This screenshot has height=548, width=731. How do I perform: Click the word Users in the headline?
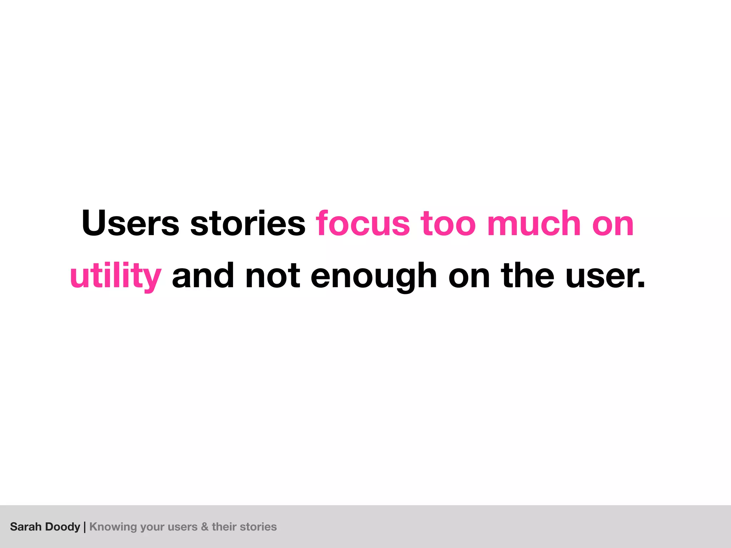coord(130,224)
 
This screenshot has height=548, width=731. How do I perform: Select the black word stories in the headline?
coord(248,224)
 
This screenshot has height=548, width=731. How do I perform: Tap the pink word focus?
coord(363,224)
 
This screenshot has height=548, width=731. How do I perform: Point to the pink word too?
coord(448,224)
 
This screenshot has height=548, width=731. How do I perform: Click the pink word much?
coord(534,224)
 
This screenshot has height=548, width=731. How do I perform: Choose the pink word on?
coord(613,224)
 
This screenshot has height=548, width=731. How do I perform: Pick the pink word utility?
coord(116,276)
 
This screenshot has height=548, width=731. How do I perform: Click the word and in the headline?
coord(203,276)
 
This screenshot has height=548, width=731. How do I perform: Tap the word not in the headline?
coord(273,276)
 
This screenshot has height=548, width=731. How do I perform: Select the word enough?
coord(374,276)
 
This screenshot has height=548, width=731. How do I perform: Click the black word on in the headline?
coord(469,276)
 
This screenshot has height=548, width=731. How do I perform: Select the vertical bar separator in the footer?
coord(85,527)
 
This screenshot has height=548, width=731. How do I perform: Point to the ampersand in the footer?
coord(205,527)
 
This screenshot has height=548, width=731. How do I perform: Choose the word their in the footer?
coord(224,527)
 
